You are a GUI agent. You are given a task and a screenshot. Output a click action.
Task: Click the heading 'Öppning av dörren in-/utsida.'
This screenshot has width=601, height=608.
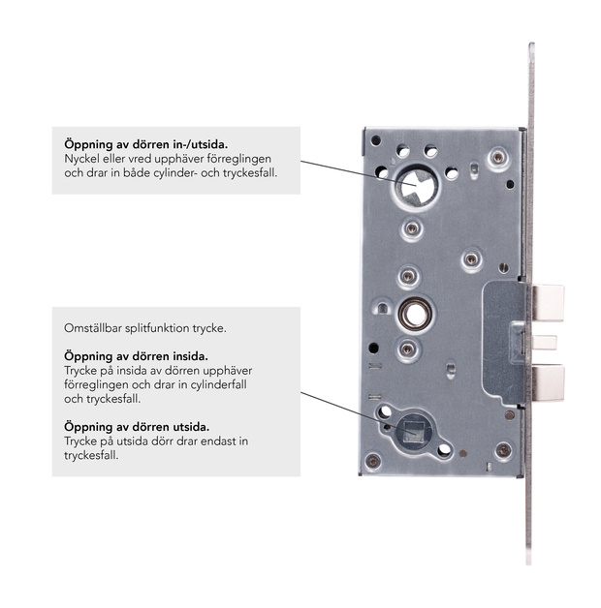(146, 144)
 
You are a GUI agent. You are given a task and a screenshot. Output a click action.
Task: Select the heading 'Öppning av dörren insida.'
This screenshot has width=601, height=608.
(136, 356)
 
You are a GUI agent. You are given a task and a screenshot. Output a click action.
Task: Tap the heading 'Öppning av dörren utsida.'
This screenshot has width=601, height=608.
(137, 427)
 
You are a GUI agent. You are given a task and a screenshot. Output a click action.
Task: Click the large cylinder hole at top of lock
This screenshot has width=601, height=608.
(417, 187)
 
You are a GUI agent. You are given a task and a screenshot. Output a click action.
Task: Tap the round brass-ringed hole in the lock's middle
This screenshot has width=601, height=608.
(415, 314)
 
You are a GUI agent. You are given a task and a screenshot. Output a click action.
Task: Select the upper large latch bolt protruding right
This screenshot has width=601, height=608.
(549, 303)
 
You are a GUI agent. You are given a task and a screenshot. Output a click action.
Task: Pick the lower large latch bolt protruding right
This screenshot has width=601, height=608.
(549, 382)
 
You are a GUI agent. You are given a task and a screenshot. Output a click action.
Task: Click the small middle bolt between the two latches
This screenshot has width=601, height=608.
(545, 343)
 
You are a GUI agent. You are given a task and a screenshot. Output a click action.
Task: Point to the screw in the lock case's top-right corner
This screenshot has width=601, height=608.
(498, 157)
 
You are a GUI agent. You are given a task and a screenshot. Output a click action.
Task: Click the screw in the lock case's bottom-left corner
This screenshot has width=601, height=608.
(373, 461)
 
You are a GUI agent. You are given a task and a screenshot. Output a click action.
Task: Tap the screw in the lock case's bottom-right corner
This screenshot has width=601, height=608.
(503, 450)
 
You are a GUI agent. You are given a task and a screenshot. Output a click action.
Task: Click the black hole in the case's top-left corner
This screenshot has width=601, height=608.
(376, 140)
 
